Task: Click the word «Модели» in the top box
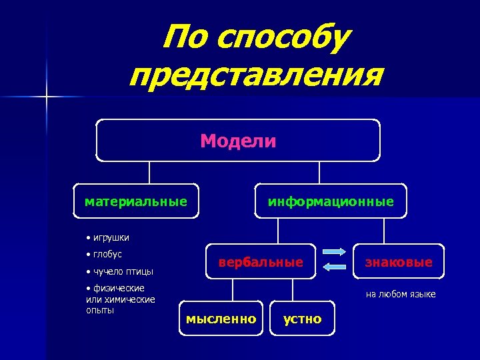(238, 141)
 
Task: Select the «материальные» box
(136, 201)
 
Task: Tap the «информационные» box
(331, 201)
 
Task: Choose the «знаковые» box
(398, 262)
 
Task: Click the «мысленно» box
(221, 319)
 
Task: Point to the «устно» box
(302, 319)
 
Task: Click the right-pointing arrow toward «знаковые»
(335, 252)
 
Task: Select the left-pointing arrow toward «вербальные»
(335, 267)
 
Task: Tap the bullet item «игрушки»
(111, 237)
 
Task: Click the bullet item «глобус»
(107, 254)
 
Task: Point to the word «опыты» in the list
(100, 310)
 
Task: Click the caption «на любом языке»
(400, 294)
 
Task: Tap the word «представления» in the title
(256, 76)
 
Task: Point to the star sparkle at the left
(47, 97)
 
